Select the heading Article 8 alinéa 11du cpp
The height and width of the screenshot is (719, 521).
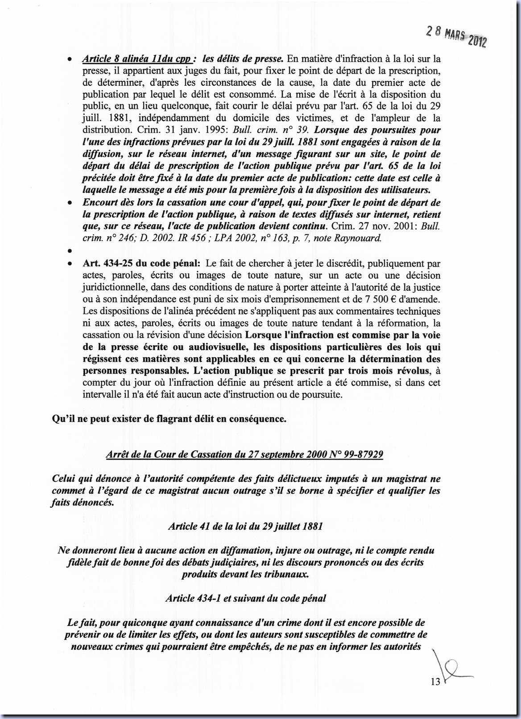click(x=138, y=59)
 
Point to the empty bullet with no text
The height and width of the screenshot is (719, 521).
click(x=69, y=251)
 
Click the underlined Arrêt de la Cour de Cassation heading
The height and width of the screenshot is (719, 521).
click(x=244, y=454)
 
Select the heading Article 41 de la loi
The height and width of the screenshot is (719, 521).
click(x=245, y=526)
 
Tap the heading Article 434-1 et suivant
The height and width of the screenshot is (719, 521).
click(x=245, y=598)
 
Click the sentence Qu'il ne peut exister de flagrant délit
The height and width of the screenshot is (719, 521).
click(x=169, y=419)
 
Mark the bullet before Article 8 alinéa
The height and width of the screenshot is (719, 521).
click(x=69, y=59)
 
